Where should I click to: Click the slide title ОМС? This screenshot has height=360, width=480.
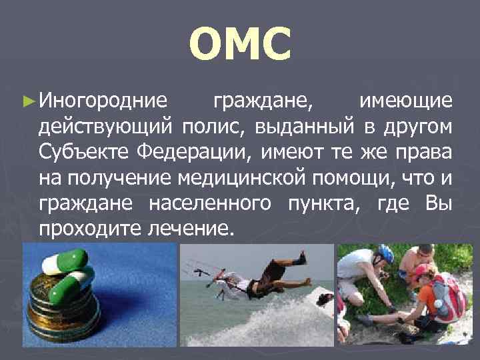pos(240,43)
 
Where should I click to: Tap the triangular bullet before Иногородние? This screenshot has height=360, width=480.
pos(27,102)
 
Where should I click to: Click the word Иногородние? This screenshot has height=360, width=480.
pos(103,101)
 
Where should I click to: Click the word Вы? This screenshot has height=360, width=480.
pos(438,203)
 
